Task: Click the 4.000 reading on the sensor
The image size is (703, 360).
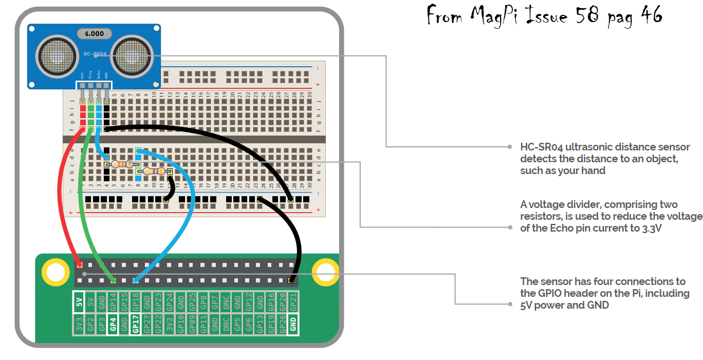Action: [x=94, y=34]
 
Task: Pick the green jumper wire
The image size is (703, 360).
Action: [x=84, y=205]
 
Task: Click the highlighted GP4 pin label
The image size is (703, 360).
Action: [x=113, y=325]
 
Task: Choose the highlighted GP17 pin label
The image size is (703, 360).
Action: [x=135, y=325]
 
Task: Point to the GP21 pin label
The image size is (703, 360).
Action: [x=293, y=302]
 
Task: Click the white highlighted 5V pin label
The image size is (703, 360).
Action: [x=79, y=302]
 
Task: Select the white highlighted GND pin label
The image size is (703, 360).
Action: [x=293, y=325]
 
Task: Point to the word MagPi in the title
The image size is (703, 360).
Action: [x=504, y=17]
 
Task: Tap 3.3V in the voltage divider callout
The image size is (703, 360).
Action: [x=651, y=228]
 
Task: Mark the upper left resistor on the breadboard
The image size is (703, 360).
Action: [x=122, y=164]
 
